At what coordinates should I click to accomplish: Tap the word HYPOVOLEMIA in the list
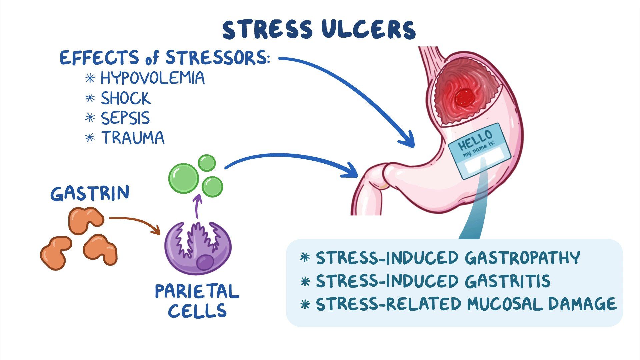[x=153, y=78]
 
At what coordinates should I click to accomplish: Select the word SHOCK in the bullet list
[x=126, y=98]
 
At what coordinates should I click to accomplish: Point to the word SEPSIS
[x=126, y=118]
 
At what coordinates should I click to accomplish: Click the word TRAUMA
[x=133, y=138]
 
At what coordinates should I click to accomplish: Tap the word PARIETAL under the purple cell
[x=197, y=291]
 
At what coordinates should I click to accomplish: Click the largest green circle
[x=184, y=178]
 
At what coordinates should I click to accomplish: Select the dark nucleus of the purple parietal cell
[x=205, y=262]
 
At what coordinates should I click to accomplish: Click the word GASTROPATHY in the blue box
[x=522, y=258]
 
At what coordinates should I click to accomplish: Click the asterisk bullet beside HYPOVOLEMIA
[x=90, y=78]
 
